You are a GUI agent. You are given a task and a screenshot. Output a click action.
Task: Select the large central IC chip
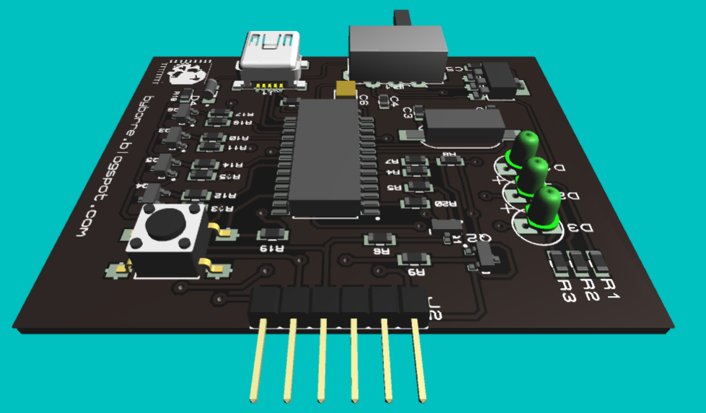coord(326,157)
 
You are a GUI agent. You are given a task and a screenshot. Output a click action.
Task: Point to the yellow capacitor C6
coord(346,88)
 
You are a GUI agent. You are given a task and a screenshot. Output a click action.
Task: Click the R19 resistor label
coord(272,250)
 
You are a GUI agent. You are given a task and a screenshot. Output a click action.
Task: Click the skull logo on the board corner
coord(190,73)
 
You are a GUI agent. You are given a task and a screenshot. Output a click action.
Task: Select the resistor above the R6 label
coord(380,239)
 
